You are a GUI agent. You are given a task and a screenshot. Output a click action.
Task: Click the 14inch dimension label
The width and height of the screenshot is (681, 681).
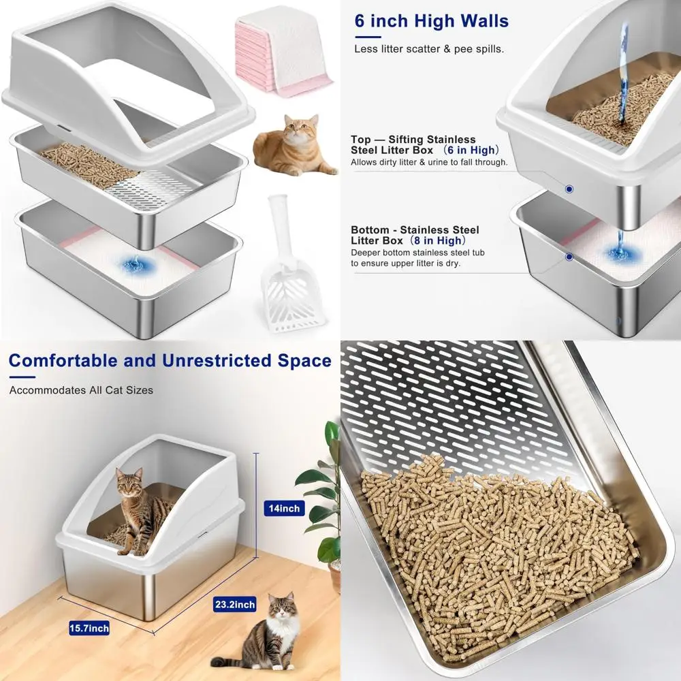point(284,508)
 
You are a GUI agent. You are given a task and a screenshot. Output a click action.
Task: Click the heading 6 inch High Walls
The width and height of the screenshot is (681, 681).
point(431,20)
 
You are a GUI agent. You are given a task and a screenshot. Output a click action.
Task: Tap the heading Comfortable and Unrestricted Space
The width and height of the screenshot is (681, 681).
point(170,360)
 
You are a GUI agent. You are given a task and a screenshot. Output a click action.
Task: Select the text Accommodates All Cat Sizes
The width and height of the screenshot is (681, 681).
point(81,390)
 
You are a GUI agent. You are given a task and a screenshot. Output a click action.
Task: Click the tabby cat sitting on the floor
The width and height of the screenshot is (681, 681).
point(269,633)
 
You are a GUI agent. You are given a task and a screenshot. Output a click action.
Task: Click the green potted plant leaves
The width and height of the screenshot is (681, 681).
point(323,490)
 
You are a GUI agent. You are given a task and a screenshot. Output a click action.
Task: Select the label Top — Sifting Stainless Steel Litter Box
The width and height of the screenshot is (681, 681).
point(413,144)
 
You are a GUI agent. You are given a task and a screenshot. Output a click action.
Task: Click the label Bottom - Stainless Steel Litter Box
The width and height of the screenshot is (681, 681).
point(415,235)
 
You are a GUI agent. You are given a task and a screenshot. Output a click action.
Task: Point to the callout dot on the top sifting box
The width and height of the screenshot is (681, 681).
point(569,189)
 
